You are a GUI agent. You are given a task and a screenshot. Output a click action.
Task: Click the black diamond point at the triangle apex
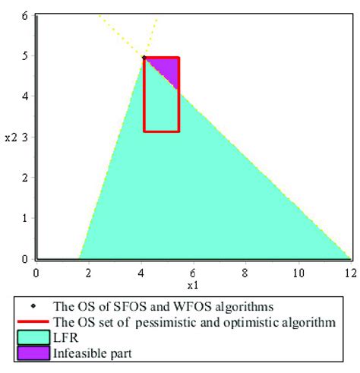coord(144,57)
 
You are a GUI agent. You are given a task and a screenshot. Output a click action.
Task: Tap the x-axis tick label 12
coord(349,271)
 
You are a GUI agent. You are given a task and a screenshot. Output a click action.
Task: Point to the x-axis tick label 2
coord(88,271)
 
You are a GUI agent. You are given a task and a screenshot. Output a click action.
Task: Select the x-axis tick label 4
coord(141,271)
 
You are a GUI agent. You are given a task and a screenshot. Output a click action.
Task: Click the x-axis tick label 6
coord(193,271)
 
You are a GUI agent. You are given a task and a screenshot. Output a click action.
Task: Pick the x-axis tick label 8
coord(245,271)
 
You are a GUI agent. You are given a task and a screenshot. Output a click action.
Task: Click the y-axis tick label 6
coord(25,15)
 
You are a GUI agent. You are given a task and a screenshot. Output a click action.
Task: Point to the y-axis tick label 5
coord(25,56)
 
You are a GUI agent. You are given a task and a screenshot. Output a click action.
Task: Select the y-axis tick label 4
coord(25,96)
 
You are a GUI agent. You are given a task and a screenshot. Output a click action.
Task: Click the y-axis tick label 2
coord(25,178)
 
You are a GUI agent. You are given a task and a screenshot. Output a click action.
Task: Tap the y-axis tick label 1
coord(25,219)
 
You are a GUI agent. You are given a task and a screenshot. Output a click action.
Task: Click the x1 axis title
coord(193,285)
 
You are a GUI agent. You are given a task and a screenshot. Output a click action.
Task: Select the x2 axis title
coord(10,138)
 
